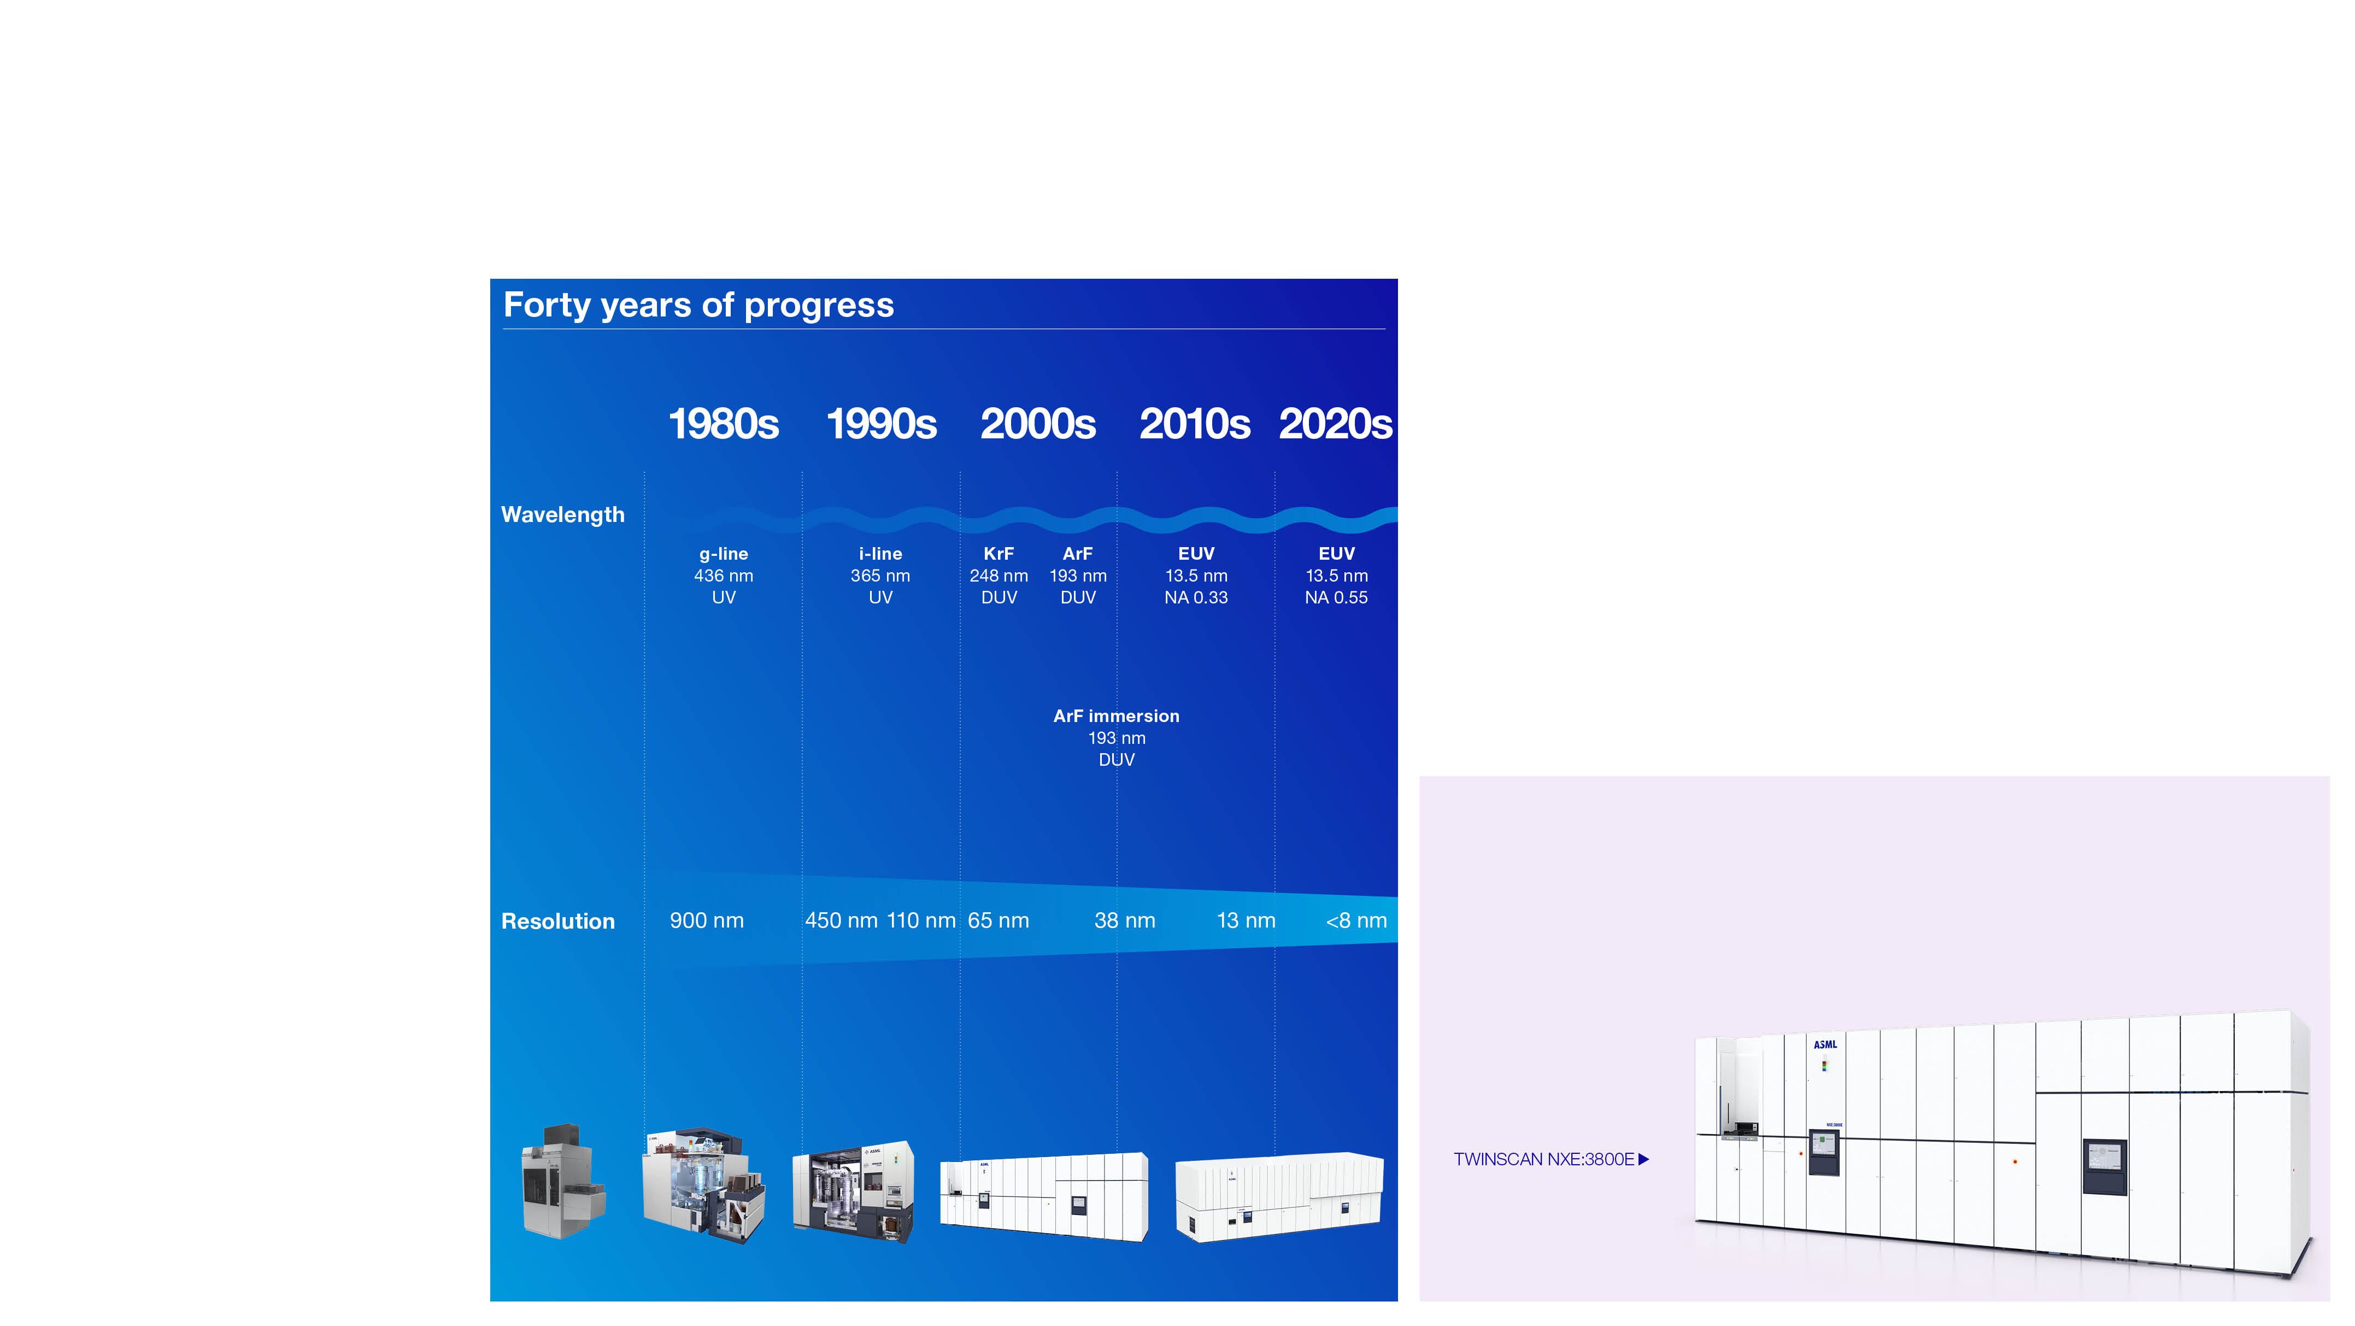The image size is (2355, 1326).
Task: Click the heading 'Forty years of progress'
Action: tap(698, 306)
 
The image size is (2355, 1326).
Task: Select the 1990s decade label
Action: tap(882, 424)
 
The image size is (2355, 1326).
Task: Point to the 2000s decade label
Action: tap(1038, 424)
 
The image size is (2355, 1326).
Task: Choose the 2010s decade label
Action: tap(1195, 424)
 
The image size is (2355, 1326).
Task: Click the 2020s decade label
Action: tap(1336, 424)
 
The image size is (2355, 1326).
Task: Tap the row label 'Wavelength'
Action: tap(563, 515)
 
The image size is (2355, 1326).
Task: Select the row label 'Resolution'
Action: tap(557, 921)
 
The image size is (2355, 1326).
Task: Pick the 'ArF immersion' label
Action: tap(1116, 716)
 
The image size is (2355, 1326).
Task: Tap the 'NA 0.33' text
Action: tap(1196, 597)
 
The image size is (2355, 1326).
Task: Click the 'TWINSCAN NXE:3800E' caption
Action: tap(1543, 1159)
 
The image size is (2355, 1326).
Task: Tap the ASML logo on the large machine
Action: tap(1825, 1045)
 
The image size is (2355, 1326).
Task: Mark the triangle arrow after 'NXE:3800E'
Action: tap(1644, 1159)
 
